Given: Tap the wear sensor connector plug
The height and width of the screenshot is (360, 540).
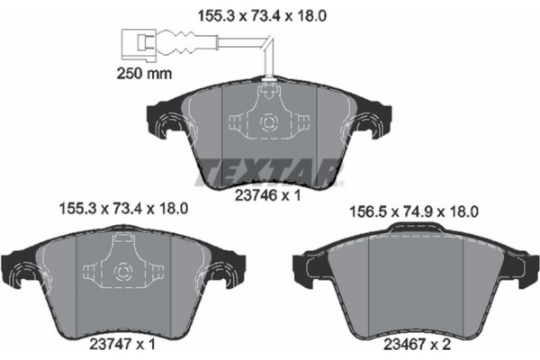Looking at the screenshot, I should [137, 41].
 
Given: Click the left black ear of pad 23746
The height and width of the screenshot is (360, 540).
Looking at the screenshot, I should [163, 121].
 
